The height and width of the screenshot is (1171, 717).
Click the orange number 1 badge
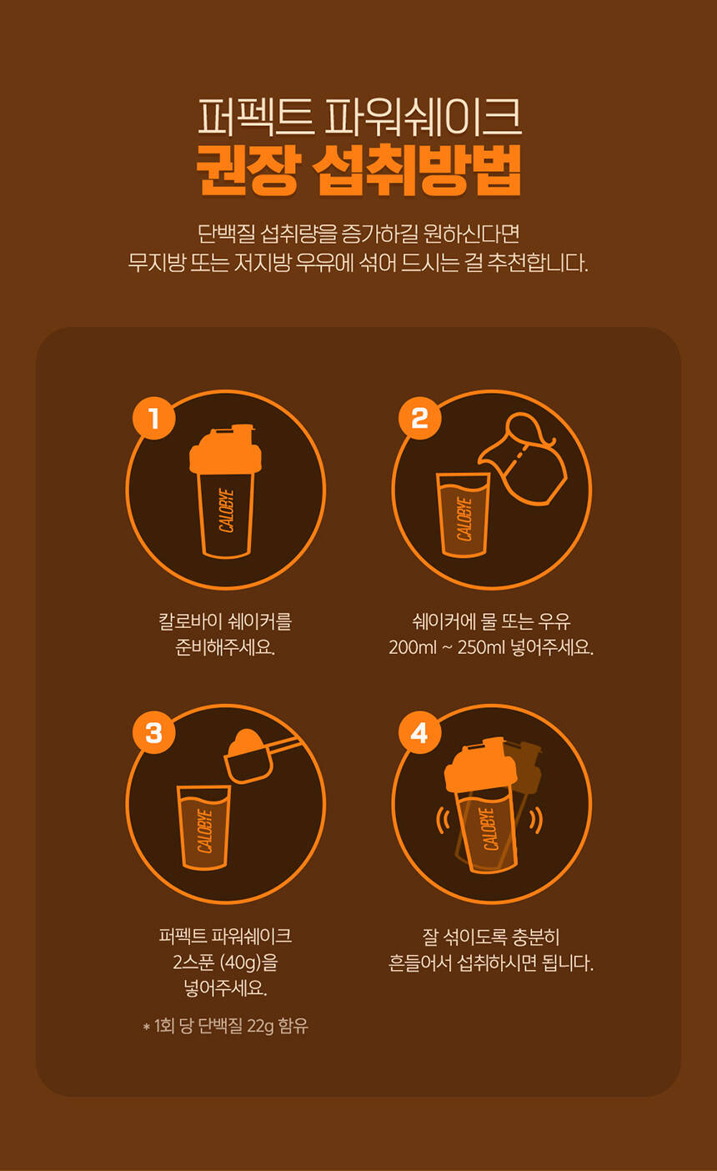coord(153,418)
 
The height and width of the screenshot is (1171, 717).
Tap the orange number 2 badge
coord(419,418)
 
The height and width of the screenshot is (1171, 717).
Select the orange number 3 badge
coord(153,732)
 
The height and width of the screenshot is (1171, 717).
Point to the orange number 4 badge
coord(419,732)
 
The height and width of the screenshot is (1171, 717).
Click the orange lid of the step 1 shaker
coord(225,449)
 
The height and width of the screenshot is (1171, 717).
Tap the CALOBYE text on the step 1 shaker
coord(226,510)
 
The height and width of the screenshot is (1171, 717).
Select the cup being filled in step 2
coord(463,515)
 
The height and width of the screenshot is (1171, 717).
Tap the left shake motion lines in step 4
coord(444,820)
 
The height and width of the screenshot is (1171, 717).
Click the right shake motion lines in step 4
coord(535,820)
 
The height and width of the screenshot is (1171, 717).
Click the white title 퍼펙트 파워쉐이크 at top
coord(359,116)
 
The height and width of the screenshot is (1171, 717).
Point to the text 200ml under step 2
coord(413,648)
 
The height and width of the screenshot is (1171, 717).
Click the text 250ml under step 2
coord(481,648)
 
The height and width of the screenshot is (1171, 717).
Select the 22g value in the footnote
coord(260,1026)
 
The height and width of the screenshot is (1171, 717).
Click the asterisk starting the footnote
coord(147,1028)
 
